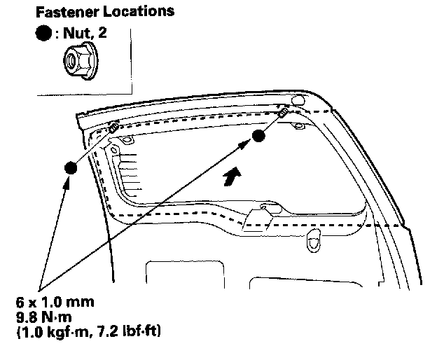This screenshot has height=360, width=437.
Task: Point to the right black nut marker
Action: pyautogui.click(x=259, y=136)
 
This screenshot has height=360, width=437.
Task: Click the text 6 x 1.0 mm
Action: pyautogui.click(x=56, y=303)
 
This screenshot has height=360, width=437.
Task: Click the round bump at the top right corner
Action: pyautogui.click(x=297, y=101)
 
